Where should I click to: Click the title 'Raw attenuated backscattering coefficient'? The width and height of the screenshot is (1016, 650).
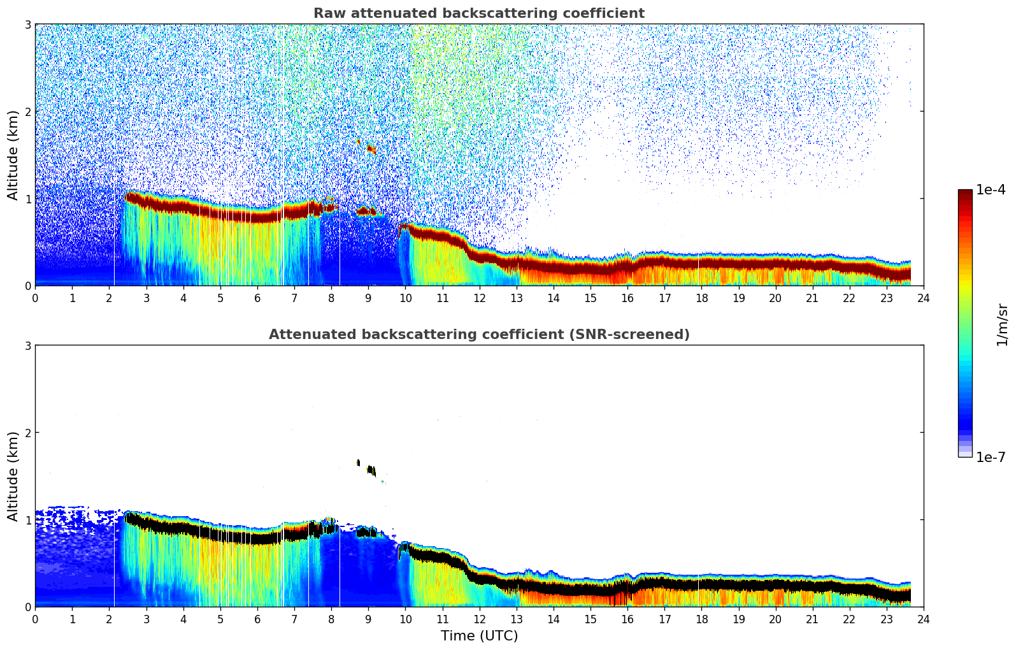478,13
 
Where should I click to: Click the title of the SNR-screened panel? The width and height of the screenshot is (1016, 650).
478,335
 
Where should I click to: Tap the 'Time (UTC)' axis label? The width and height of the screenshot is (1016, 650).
479,635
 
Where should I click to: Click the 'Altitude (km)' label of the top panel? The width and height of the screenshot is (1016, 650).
13,155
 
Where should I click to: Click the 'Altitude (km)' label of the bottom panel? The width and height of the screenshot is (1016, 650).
13,476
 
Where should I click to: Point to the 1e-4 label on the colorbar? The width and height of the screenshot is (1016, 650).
991,190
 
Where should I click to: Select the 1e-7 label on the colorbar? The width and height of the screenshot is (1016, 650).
991,457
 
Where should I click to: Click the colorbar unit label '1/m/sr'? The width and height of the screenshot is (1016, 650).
1002,324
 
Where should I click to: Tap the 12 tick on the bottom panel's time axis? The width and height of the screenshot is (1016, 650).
479,619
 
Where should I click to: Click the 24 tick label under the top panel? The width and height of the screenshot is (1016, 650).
923,298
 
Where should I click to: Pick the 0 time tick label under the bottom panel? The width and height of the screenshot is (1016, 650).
35,619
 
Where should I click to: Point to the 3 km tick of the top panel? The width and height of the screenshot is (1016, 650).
27,24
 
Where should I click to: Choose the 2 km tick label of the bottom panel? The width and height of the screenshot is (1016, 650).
27,433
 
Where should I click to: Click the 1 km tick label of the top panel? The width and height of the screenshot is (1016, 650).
27,199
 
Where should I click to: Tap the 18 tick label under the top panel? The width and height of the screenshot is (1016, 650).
701,298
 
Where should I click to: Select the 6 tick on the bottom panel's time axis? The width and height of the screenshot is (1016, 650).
257,619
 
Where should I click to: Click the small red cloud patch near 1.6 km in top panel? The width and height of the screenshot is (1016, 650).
371,149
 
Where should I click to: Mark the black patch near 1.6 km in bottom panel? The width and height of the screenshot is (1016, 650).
371,470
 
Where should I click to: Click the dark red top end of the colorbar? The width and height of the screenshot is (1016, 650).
965,192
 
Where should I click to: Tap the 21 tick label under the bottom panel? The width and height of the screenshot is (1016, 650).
812,619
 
